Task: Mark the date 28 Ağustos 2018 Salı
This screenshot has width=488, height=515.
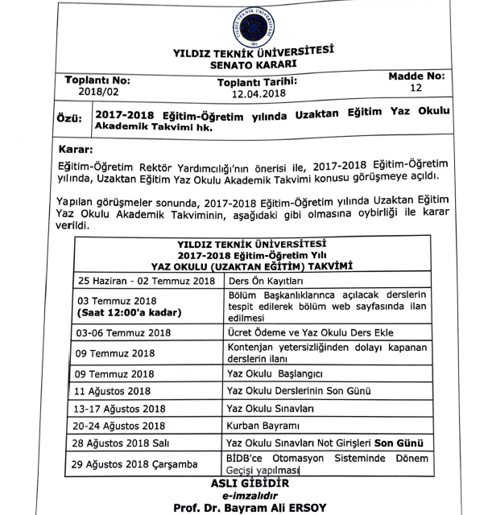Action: [133, 444]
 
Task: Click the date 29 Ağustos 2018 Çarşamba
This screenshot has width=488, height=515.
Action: [145, 463]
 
